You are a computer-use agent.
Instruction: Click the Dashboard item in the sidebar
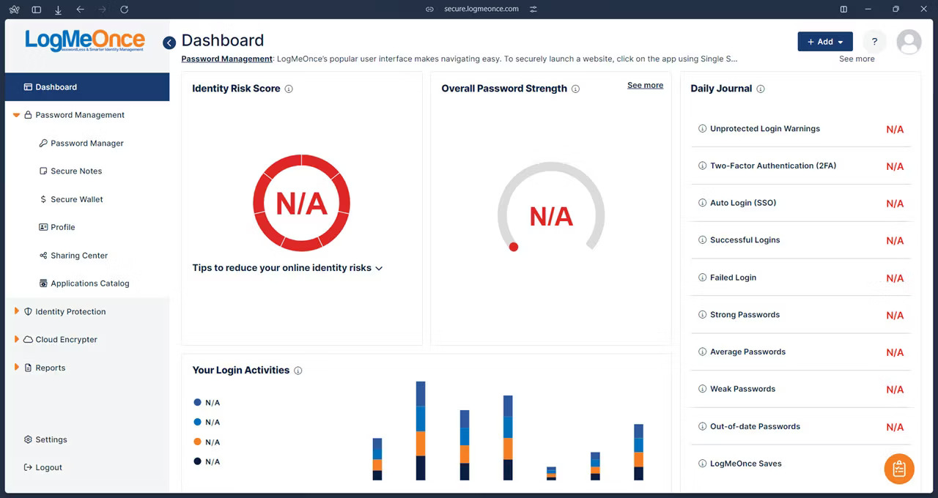pyautogui.click(x=56, y=87)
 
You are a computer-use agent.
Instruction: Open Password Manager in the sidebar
pyautogui.click(x=86, y=144)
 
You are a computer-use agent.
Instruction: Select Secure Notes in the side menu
pyautogui.click(x=75, y=171)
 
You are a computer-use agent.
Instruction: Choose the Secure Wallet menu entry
pyautogui.click(x=76, y=199)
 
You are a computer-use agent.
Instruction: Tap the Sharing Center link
pyautogui.click(x=78, y=256)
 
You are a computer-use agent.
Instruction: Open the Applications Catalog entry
pyautogui.click(x=89, y=283)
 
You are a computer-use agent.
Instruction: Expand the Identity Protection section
pyautogui.click(x=70, y=312)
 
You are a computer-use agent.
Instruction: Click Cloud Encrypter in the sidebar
pyautogui.click(x=66, y=340)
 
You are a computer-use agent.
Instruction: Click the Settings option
pyautogui.click(x=51, y=439)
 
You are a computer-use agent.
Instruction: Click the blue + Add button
pyautogui.click(x=824, y=42)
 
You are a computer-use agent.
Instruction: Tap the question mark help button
pyautogui.click(x=874, y=42)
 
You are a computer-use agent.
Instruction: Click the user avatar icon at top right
pyautogui.click(x=909, y=42)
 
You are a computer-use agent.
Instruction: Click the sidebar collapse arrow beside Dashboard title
pyautogui.click(x=169, y=42)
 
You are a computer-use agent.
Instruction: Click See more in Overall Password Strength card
pyautogui.click(x=645, y=86)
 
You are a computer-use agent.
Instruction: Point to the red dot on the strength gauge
pyautogui.click(x=514, y=247)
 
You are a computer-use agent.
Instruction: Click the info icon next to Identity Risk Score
pyautogui.click(x=289, y=89)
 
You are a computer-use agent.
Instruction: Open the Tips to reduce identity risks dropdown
pyautogui.click(x=287, y=268)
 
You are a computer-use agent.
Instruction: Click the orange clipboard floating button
pyautogui.click(x=899, y=469)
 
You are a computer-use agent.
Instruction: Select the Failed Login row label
pyautogui.click(x=733, y=278)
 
